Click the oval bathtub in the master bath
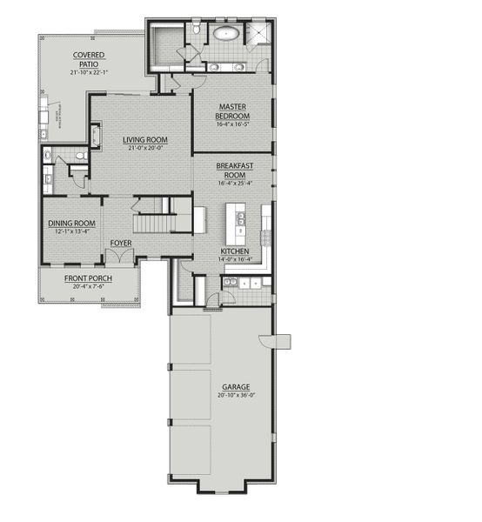coord(227,36)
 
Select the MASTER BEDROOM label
coord(233,111)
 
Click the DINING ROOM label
coord(72,223)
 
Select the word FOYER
coord(121,243)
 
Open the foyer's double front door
coord(120,258)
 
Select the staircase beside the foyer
coord(156,218)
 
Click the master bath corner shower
coord(258,34)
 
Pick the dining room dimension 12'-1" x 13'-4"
coord(72,231)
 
